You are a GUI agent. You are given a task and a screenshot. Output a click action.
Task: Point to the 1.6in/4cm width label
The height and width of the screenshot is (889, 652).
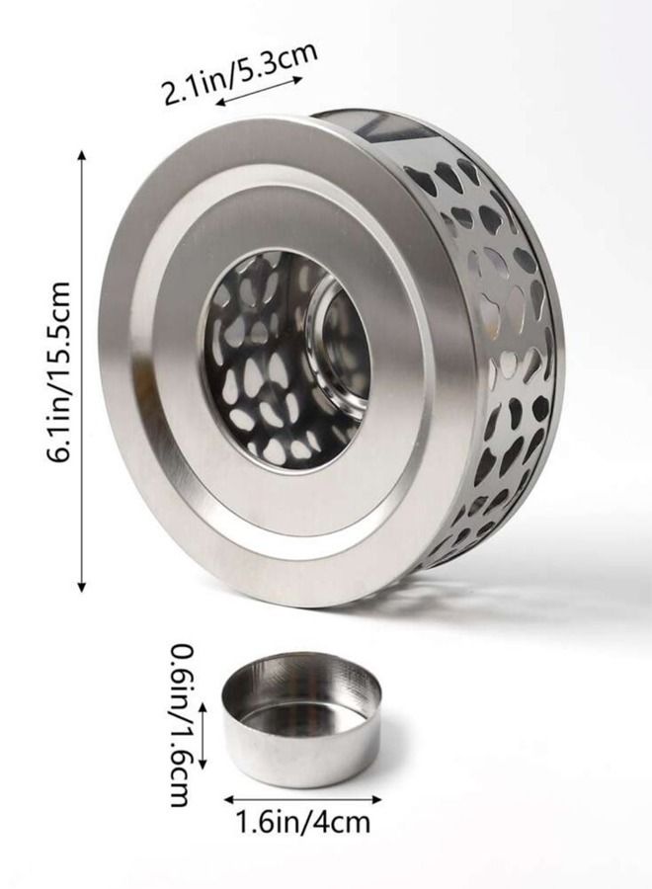click(302, 822)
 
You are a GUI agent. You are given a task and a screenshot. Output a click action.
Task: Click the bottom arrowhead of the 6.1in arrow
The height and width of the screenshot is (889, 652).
click(83, 588)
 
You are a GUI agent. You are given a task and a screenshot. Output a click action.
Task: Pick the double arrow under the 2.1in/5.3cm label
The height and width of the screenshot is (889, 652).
click(260, 90)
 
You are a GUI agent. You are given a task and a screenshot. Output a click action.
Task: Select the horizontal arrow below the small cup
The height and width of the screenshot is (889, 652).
click(302, 799)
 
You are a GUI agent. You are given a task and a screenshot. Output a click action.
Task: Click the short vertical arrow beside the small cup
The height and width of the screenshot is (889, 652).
click(203, 734)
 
